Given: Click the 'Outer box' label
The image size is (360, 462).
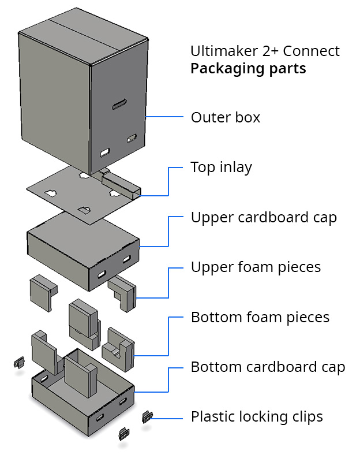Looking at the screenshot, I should tap(226, 118).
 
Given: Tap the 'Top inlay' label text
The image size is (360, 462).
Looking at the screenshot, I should tap(221, 167).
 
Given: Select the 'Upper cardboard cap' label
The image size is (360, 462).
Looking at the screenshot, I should tap(264, 218).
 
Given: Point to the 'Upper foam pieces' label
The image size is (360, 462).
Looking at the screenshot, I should tap(256, 267).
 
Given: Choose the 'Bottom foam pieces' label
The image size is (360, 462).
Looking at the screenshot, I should tap(260, 318).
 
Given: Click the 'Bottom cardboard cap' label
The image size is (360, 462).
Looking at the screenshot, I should tap(268, 367).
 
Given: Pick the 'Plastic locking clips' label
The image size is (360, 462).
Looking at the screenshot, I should tap(257, 417).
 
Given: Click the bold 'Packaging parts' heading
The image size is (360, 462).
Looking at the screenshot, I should tap(248, 69).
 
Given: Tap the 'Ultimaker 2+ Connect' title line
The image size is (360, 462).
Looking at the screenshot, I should tap(265, 51).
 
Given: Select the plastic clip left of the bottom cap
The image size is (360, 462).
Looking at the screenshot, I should tap(18, 363).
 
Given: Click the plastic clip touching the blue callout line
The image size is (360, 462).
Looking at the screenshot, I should tap(148, 415).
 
